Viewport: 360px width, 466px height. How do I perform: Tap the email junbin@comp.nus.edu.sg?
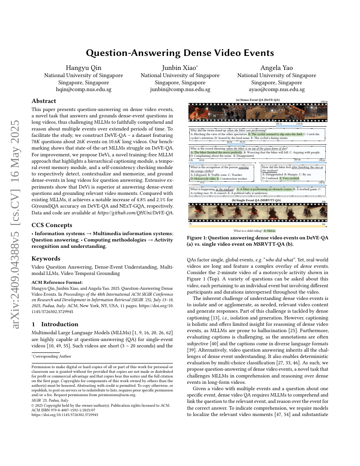click(x=180, y=90)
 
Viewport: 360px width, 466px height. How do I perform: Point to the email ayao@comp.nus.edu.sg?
click(x=277, y=90)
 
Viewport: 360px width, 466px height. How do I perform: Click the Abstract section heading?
click(x=44, y=101)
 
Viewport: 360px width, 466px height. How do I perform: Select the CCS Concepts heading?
click(x=52, y=225)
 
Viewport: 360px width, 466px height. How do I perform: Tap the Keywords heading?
click(x=46, y=258)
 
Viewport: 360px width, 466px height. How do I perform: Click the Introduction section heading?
click(x=55, y=324)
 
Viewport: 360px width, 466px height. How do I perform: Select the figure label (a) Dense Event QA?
click(x=258, y=100)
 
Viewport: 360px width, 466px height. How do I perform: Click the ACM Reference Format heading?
click(x=57, y=282)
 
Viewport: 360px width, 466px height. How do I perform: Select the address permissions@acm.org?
click(x=119, y=395)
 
